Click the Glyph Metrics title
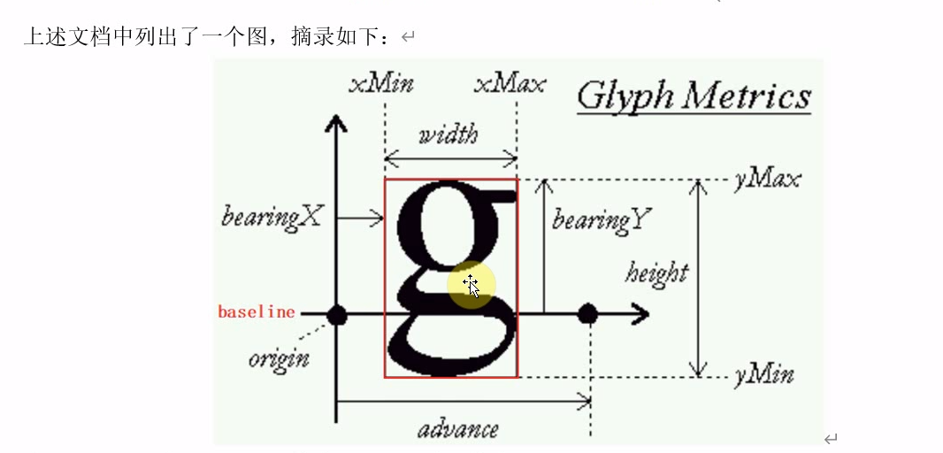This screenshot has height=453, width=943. coord(694,96)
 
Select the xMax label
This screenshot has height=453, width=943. coord(510,85)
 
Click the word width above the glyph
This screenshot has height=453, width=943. coord(448,134)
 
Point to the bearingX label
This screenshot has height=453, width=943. coord(271,217)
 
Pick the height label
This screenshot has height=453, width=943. coord(656,272)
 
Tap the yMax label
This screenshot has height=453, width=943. coord(767,180)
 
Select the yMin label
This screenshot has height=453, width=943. coord(764,375)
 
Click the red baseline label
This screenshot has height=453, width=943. coord(257,312)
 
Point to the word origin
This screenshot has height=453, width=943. coord(279,359)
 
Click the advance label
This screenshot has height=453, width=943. coord(457,430)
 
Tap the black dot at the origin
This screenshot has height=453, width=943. coord(336,314)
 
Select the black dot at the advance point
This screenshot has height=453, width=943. coord(588,313)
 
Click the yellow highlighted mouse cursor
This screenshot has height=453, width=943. coord(471,285)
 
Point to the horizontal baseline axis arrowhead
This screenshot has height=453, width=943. coord(641,313)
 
